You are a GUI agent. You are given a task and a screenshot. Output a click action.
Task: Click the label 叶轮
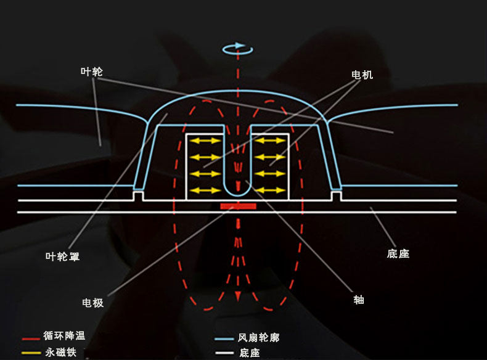coord(91,72)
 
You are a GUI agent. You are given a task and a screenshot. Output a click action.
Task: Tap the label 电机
coord(362,75)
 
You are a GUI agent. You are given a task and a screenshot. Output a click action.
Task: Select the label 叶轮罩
coord(63,256)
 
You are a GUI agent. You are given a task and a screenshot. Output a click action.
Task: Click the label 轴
coord(359,300)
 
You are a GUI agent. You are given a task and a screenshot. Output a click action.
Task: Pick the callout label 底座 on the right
coord(398,253)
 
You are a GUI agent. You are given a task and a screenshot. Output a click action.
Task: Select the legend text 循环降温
coord(64,337)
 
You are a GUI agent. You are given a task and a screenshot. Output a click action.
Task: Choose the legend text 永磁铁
coord(59,353)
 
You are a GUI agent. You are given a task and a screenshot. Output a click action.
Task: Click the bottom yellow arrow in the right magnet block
coord(269,190)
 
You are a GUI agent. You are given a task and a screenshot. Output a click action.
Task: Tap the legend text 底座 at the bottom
coord(250,353)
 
